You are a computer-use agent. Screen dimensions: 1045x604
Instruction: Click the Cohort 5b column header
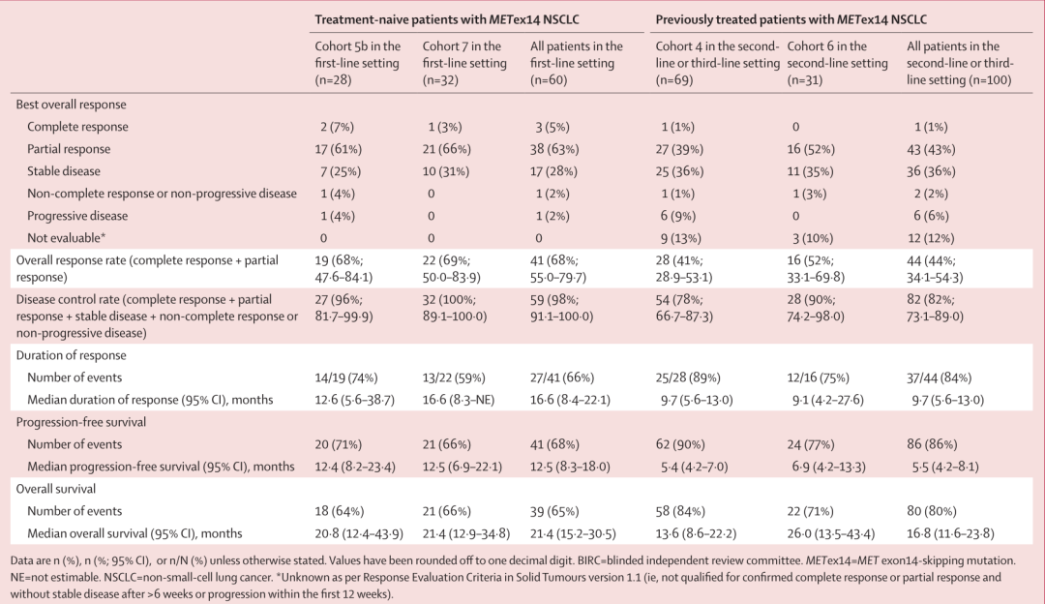pyautogui.click(x=358, y=63)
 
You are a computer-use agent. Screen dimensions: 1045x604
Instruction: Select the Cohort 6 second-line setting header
pyautogui.click(x=837, y=63)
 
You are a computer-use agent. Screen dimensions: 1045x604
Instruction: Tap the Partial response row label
pyautogui.click(x=69, y=149)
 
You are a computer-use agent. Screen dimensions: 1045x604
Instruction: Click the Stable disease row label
pyautogui.click(x=63, y=171)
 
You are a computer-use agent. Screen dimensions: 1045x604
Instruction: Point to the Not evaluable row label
pyautogui.click(x=66, y=238)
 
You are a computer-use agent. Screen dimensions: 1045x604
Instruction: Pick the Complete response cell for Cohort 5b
pyautogui.click(x=337, y=127)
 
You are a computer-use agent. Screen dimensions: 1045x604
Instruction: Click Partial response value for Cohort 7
pyautogui.click(x=446, y=149)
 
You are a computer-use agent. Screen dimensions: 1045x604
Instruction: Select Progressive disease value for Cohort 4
pyautogui.click(x=677, y=216)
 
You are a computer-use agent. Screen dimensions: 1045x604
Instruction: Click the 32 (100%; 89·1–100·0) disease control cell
pyautogui.click(x=455, y=308)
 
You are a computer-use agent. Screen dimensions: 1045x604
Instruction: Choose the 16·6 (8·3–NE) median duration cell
pyautogui.click(x=459, y=400)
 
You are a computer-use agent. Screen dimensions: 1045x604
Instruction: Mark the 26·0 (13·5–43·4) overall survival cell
pyautogui.click(x=833, y=533)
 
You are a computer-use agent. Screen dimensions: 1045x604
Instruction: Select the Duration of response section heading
pyautogui.click(x=71, y=355)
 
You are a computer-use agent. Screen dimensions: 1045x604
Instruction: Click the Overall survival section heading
pyautogui.click(x=56, y=489)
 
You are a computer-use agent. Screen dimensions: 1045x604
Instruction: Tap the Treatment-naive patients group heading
pyautogui.click(x=446, y=19)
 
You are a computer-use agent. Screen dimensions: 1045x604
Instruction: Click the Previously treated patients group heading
pyautogui.click(x=791, y=19)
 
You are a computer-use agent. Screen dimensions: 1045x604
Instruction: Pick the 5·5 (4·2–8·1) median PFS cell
pyautogui.click(x=945, y=467)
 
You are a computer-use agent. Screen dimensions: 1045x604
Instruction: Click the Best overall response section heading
pyautogui.click(x=71, y=105)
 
